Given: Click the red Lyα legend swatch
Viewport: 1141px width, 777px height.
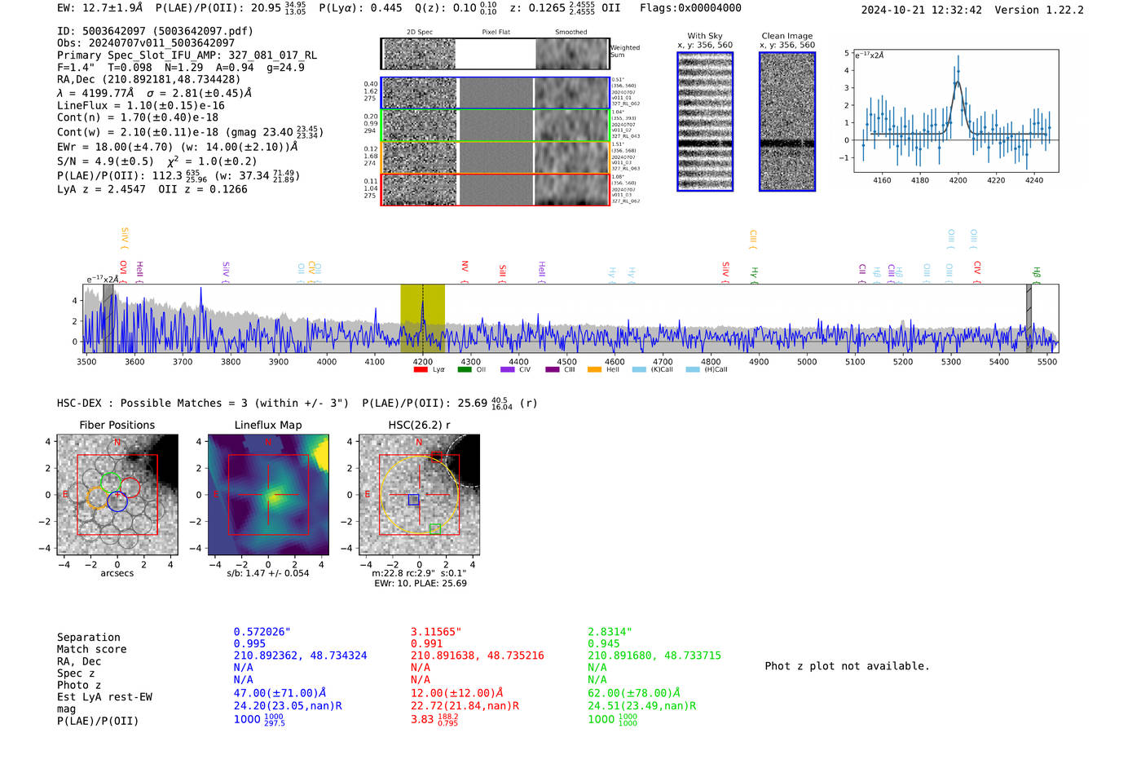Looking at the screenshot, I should point(421,370).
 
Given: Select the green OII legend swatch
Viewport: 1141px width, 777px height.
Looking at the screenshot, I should point(465,370).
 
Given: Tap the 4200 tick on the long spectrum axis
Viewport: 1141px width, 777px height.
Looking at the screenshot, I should point(422,361).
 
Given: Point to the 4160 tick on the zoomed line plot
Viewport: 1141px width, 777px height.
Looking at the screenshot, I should point(882,180).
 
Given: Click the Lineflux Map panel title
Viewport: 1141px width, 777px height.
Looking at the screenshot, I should point(267,425).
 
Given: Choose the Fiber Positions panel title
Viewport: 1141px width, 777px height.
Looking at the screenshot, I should point(117,425).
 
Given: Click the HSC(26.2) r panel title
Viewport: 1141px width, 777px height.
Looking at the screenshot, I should point(419,425).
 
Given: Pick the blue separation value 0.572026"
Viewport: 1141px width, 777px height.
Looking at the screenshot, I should point(262,632).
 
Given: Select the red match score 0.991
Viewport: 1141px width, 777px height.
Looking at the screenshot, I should point(426,643).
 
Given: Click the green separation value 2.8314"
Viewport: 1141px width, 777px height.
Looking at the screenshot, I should point(610,632).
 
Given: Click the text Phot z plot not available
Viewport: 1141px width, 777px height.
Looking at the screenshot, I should point(847,666).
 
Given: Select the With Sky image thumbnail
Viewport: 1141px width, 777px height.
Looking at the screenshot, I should point(705,121).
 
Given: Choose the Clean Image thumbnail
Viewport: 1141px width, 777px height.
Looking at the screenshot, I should point(786,121).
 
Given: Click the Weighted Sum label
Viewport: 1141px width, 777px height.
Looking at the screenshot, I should point(624,51).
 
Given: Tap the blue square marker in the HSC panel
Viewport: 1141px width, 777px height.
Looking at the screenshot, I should point(413,499).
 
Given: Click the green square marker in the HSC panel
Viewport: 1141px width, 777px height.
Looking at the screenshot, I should point(434,529).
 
